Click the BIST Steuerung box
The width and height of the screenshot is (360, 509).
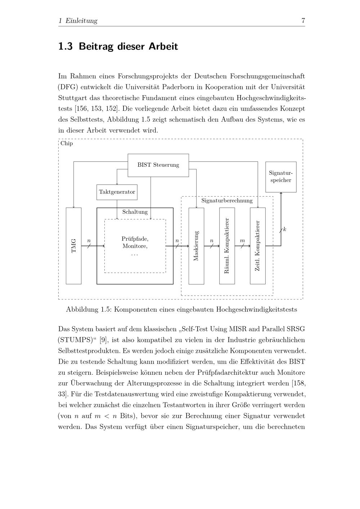[158, 165]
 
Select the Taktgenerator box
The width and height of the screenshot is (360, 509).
[117, 192]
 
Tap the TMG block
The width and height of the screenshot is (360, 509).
[74, 246]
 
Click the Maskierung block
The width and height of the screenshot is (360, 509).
[196, 246]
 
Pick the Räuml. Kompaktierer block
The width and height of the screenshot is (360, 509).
[227, 246]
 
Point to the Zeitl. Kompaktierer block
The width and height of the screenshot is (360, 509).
[258, 246]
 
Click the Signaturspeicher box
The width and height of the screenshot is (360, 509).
[281, 177]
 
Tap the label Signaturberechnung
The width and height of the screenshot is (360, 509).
[227, 201]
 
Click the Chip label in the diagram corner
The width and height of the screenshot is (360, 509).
[67, 143]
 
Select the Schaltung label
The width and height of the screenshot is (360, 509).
[135, 212]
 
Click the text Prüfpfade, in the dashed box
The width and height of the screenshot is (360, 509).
[135, 239]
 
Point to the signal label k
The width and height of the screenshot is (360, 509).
[284, 229]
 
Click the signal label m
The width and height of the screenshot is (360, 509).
[242, 240]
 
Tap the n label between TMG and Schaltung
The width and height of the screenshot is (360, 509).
[89, 240]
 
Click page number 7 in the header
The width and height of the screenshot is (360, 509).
[303, 21]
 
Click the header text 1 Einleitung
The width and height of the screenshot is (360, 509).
[78, 21]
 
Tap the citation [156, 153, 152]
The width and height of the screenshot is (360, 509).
[97, 109]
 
